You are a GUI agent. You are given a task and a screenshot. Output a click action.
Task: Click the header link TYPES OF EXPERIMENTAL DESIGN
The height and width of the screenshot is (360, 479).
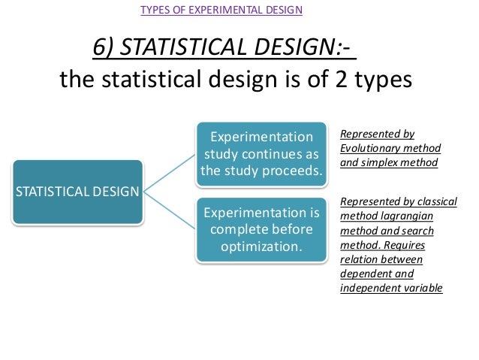[221, 10]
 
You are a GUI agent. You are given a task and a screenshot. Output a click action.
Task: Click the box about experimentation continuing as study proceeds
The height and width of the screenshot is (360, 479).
[261, 156]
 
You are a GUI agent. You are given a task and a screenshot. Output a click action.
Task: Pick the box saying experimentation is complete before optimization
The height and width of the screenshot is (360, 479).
[261, 229]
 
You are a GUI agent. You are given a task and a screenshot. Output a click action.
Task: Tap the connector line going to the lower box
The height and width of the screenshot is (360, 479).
[168, 210]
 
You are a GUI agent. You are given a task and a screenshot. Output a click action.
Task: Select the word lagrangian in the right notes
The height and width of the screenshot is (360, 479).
[396, 216]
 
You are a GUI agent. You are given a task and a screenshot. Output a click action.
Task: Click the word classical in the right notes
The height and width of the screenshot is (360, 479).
[416, 201]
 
